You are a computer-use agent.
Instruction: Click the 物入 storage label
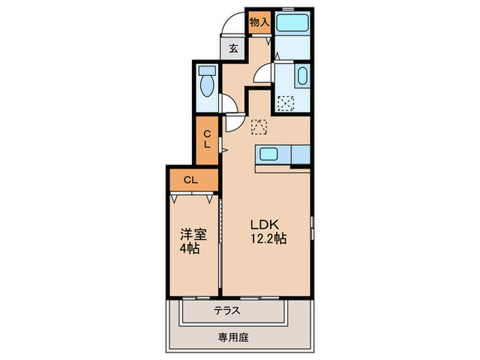259,22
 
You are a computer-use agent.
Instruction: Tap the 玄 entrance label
233,49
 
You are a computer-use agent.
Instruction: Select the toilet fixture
206,85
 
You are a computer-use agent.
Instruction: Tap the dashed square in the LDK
259,127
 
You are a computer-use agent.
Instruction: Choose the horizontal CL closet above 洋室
191,180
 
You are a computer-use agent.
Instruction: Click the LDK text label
263,226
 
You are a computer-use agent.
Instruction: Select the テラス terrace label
226,310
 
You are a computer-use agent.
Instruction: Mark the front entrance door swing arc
232,25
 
